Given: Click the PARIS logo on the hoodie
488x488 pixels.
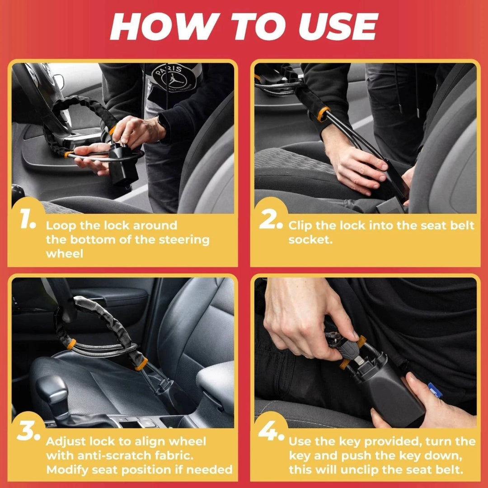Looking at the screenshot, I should pyautogui.click(x=174, y=77).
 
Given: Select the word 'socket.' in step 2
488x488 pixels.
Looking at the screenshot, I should pyautogui.click(x=310, y=239).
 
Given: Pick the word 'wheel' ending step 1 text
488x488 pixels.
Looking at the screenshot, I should pyautogui.click(x=64, y=253).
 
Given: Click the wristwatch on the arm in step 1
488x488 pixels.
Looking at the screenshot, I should pyautogui.click(x=161, y=123).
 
